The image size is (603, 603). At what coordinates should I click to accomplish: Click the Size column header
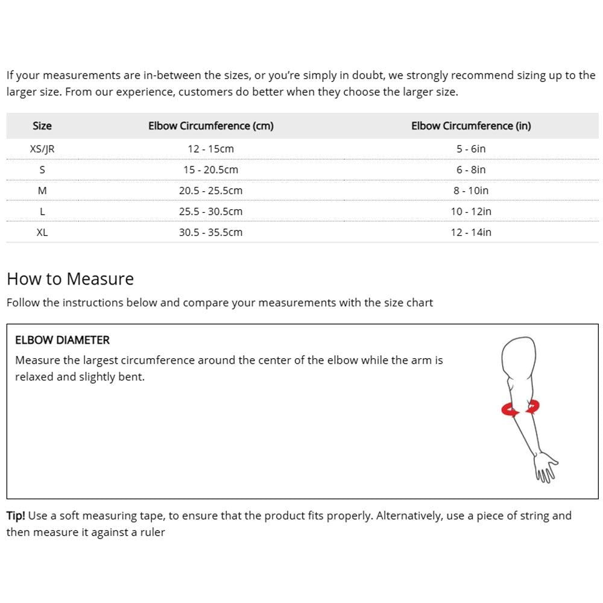[42, 126]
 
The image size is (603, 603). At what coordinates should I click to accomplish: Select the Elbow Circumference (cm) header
[211, 126]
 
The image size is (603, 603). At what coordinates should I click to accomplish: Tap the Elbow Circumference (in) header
[471, 126]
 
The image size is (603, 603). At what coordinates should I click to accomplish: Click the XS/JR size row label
[42, 148]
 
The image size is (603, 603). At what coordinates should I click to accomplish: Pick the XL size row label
[42, 232]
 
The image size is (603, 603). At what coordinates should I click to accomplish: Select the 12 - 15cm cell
[211, 148]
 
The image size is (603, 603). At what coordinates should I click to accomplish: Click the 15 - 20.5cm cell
[211, 169]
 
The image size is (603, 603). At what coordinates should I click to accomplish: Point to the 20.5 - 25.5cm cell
[211, 191]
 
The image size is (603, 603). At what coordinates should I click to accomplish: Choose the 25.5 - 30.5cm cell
[211, 212]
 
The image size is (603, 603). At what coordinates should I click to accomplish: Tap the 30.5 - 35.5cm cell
[211, 232]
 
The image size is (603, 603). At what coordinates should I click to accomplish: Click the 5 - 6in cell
[471, 148]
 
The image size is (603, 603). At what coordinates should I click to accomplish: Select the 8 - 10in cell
[471, 191]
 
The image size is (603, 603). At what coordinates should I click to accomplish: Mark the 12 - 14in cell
[471, 232]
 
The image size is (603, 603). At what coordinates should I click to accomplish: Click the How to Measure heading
[70, 279]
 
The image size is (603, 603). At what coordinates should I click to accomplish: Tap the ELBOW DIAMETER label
[62, 340]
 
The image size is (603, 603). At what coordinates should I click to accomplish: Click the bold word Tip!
[16, 516]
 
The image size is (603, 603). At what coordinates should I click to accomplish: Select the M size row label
[42, 191]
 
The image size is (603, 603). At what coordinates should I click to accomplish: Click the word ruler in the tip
[152, 532]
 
